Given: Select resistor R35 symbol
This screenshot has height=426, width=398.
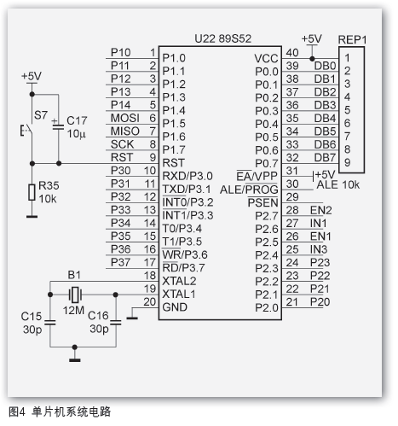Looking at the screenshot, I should [32, 192].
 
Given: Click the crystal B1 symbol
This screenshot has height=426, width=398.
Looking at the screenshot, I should [75, 295].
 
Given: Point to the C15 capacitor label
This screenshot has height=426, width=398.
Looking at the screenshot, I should [31, 316].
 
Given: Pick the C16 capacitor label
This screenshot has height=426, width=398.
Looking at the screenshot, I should [99, 316].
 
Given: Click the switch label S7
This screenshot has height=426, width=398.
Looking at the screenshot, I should [40, 114].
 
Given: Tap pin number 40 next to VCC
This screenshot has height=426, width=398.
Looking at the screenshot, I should [292, 53].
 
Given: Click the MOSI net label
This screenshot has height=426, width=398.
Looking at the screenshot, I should [124, 117].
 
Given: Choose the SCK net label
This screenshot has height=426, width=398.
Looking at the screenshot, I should [121, 143].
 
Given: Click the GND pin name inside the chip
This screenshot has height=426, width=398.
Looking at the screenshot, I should [175, 306].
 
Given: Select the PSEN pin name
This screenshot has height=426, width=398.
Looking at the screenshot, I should [262, 201].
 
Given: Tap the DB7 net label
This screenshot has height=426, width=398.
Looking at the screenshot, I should [324, 157].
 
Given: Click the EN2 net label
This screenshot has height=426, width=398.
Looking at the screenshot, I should [320, 210].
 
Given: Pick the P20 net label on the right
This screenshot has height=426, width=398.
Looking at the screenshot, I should [320, 302].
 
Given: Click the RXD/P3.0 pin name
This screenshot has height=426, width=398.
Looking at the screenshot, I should [188, 175].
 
